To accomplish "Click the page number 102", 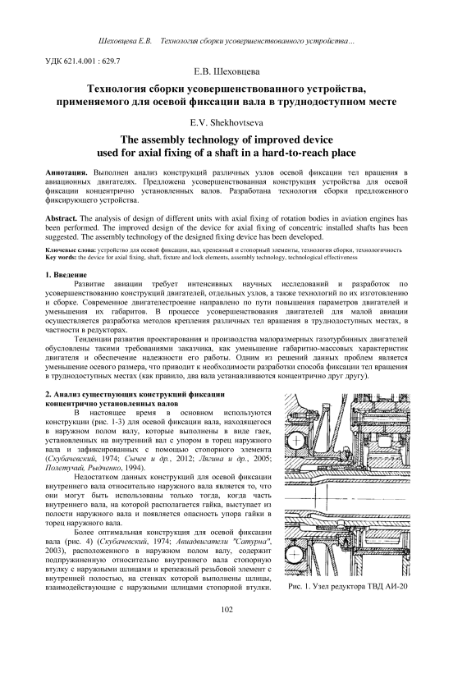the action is pos(227,609).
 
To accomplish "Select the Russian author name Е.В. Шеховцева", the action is pos(227,71).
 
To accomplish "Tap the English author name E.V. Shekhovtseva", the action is pos(227,123).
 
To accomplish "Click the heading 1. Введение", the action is pos(66,275).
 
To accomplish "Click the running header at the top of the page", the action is pos(227,41).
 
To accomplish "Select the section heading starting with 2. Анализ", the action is pos(135,398).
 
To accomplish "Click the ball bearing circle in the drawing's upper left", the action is pos(295,441).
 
